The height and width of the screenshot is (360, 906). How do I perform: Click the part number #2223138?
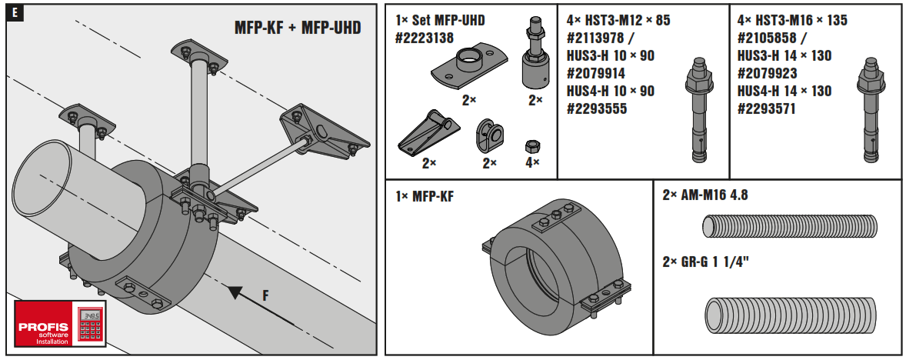[x=423, y=37]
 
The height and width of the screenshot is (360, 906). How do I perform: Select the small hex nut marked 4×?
[x=530, y=145]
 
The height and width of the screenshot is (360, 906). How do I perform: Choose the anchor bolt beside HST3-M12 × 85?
[x=698, y=111]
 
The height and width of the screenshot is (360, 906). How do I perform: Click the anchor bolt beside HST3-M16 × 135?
[x=868, y=111]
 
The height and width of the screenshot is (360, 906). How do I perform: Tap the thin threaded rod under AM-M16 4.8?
[x=789, y=226]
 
